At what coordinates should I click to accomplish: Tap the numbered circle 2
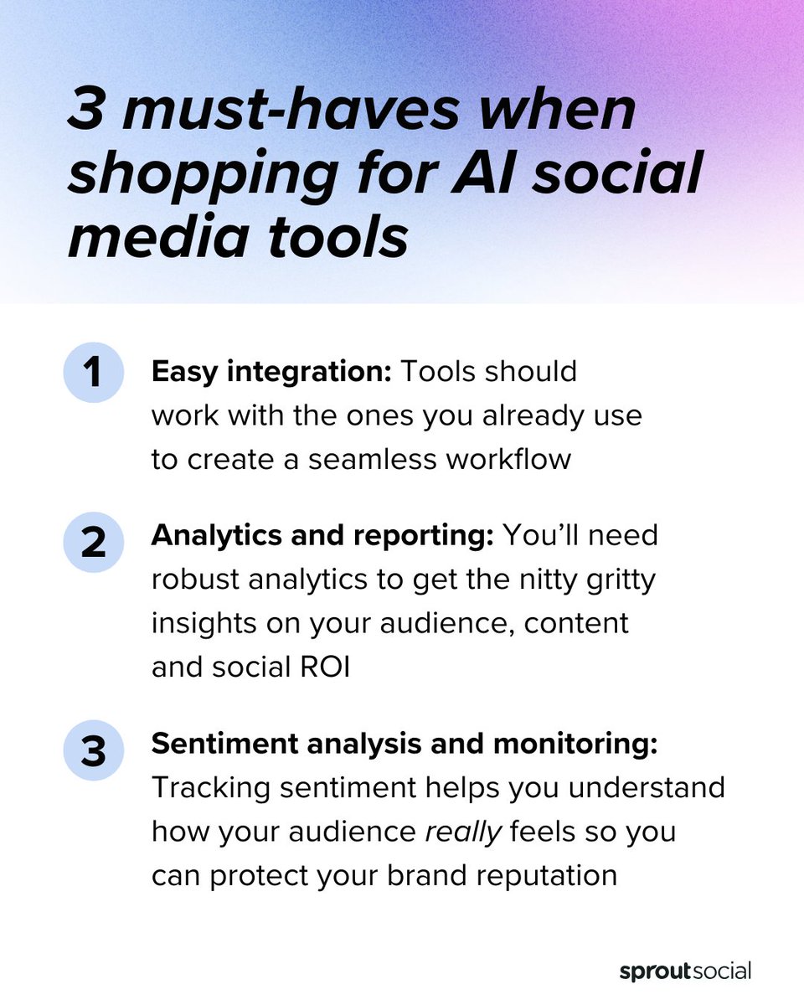93,543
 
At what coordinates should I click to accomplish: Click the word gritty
613,580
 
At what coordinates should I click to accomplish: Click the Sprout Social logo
684,971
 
